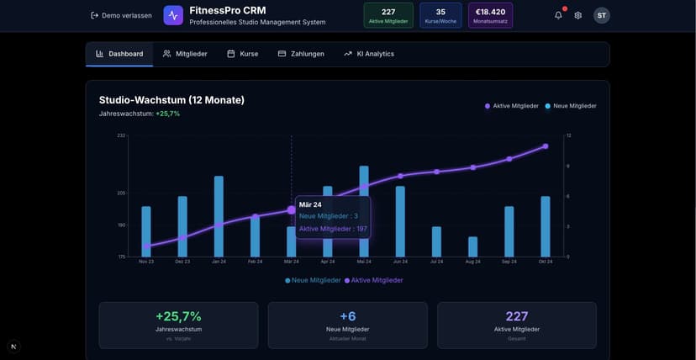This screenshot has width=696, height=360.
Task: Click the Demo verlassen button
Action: click(x=121, y=15)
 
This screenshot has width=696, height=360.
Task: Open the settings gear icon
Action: click(x=578, y=15)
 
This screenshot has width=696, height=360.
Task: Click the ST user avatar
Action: click(x=602, y=15)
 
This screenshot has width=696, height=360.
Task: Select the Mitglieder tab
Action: click(x=185, y=54)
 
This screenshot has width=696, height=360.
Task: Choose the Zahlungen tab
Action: click(x=301, y=54)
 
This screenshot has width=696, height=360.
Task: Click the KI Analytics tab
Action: click(x=369, y=54)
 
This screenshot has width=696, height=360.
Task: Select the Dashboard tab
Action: click(x=119, y=54)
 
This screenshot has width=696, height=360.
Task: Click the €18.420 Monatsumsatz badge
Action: click(x=490, y=15)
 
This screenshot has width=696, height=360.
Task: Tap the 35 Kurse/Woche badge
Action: click(x=440, y=15)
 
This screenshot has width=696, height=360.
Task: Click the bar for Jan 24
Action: click(x=219, y=216)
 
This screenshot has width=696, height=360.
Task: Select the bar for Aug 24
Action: click(x=473, y=246)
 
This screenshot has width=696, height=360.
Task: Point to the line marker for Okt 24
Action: click(x=546, y=146)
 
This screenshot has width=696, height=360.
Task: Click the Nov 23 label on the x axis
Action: click(x=146, y=262)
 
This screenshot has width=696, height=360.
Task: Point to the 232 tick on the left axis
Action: click(x=121, y=135)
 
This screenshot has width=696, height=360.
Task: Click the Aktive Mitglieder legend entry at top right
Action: click(x=511, y=106)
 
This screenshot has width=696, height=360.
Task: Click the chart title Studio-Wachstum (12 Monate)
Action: click(x=171, y=100)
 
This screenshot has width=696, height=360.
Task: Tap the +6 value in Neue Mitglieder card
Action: click(x=347, y=316)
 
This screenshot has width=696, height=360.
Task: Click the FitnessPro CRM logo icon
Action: click(x=173, y=15)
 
